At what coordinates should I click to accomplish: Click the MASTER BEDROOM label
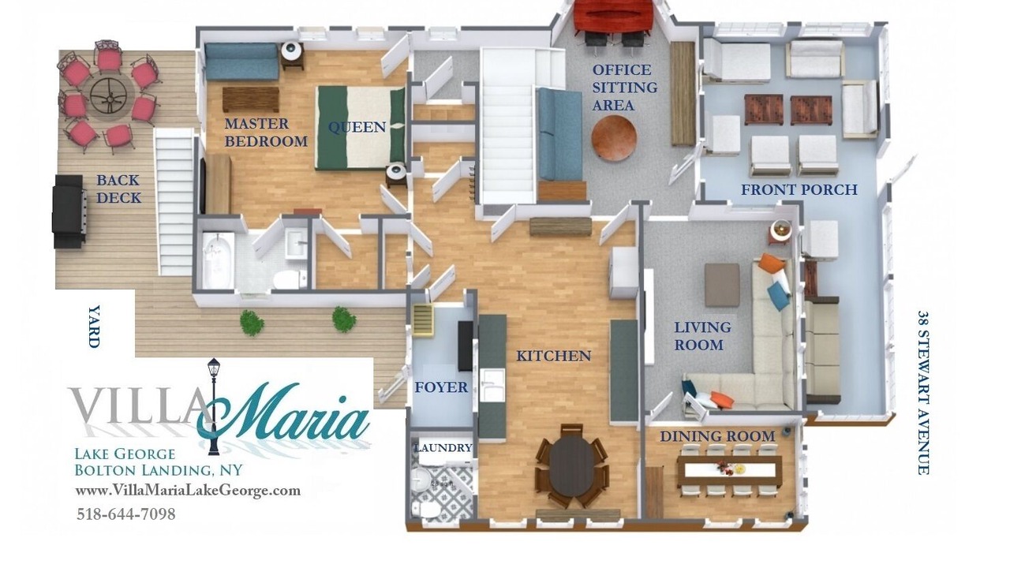click(x=266, y=133)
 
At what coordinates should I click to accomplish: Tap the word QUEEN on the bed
click(x=357, y=128)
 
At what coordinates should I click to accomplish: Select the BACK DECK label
click(x=118, y=189)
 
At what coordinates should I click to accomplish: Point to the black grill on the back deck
click(x=69, y=211)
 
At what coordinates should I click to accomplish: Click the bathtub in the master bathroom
click(x=219, y=260)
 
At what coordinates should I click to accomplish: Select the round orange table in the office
click(x=614, y=138)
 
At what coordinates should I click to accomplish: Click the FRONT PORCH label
click(x=799, y=190)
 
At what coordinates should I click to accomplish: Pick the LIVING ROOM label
click(x=702, y=336)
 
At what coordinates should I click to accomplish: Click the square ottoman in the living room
click(x=722, y=286)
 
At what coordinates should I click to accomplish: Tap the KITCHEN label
click(x=553, y=356)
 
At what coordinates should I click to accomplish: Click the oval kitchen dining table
click(x=572, y=465)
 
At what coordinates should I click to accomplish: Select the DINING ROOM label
click(x=717, y=436)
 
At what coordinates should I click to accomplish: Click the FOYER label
click(x=441, y=387)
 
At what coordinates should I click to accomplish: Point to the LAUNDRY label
click(x=443, y=448)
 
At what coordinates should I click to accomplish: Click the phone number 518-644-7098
click(x=125, y=514)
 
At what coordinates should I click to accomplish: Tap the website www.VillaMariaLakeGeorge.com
click(x=188, y=491)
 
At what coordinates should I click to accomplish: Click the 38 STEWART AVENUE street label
click(x=923, y=392)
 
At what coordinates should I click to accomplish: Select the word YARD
click(x=93, y=327)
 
